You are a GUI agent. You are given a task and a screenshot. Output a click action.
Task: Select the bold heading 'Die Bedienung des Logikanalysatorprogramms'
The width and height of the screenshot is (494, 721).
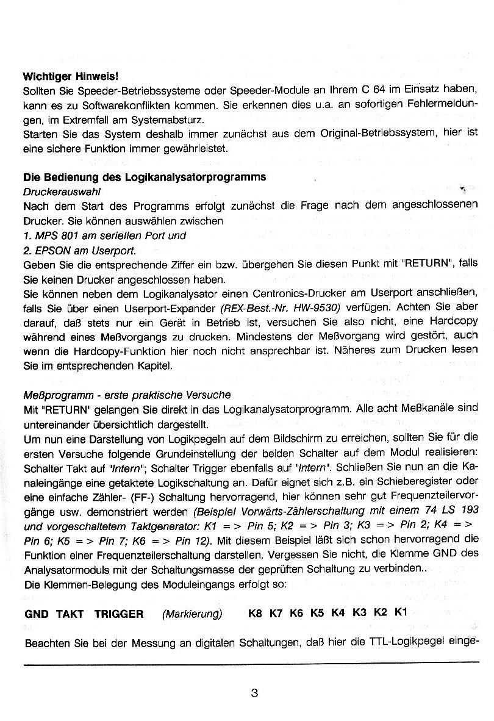coord(144,177)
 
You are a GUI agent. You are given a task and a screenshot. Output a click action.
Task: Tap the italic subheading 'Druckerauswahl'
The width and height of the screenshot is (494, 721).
coord(61,192)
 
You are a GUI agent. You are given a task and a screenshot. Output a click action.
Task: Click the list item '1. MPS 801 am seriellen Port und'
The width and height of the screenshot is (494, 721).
coord(104,235)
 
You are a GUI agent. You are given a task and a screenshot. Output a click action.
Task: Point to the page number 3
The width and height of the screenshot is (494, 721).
coord(254,692)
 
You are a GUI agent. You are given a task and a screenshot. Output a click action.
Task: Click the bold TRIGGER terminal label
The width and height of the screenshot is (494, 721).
coord(119,614)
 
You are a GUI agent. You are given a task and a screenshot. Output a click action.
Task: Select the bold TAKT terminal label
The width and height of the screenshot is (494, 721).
coord(70,614)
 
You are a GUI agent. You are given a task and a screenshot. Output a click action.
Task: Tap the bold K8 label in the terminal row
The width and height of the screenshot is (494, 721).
coord(255,614)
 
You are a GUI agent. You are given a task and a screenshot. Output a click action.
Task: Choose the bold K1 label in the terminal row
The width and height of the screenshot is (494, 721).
coord(400,612)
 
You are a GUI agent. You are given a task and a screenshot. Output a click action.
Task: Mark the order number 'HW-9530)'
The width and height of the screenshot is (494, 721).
coord(318,308)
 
